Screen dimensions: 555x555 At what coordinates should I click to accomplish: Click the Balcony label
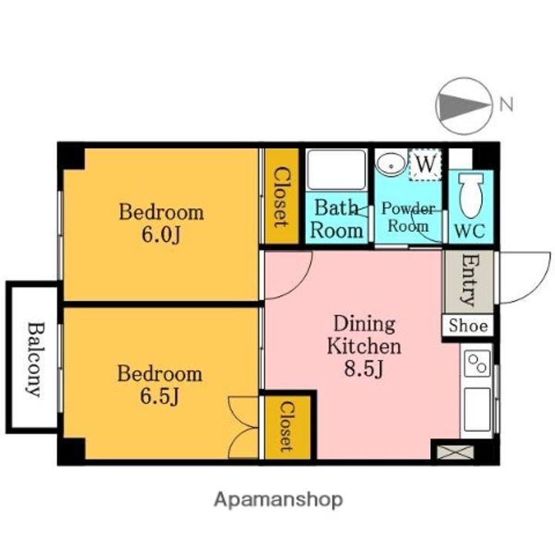click(35, 358)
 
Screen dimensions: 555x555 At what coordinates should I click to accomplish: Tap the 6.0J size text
click(161, 234)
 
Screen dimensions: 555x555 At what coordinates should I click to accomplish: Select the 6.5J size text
click(160, 396)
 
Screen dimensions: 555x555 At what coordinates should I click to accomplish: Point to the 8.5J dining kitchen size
click(364, 368)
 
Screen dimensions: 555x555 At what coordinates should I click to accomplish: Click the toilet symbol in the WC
click(471, 195)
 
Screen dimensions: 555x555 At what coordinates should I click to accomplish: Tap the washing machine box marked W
click(425, 165)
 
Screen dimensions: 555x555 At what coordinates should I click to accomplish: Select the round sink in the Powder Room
click(391, 164)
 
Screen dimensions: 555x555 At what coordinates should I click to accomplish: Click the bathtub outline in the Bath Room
click(336, 170)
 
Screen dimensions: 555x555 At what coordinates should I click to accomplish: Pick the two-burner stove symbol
click(477, 364)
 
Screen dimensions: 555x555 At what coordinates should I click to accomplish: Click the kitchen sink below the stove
click(477, 409)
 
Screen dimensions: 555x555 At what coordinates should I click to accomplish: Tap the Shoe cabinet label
click(468, 325)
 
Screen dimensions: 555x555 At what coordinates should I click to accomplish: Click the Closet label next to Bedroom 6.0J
click(282, 197)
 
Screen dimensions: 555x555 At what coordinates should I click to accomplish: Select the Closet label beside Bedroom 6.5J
click(287, 427)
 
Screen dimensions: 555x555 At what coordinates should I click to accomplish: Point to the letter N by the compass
click(506, 104)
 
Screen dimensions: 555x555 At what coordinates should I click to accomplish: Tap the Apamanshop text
click(278, 499)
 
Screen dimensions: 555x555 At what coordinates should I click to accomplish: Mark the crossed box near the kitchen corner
click(456, 452)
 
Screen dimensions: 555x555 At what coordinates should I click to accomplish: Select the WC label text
click(469, 230)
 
